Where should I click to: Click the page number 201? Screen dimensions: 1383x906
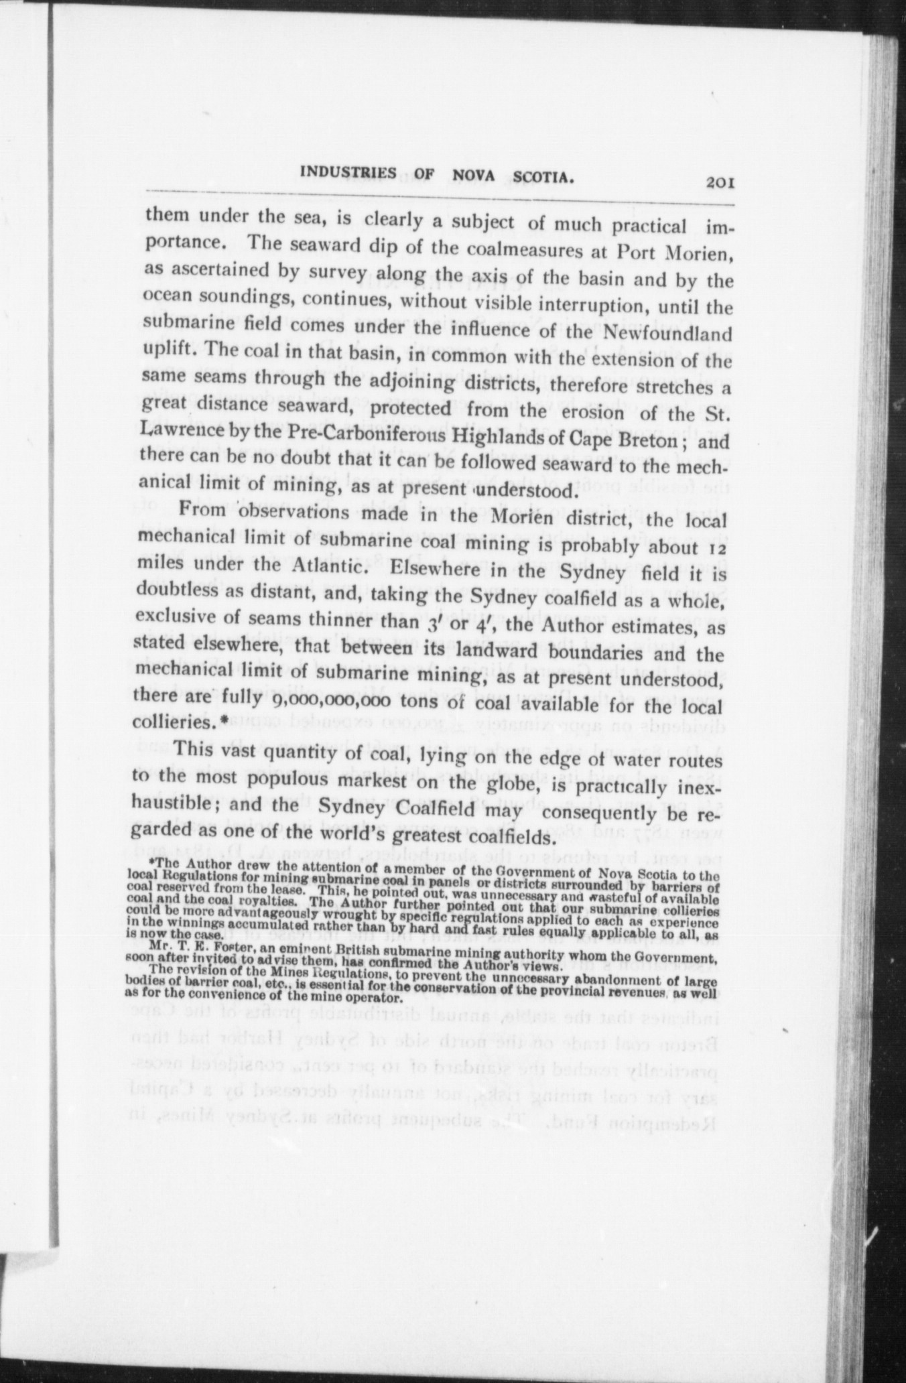720,183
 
